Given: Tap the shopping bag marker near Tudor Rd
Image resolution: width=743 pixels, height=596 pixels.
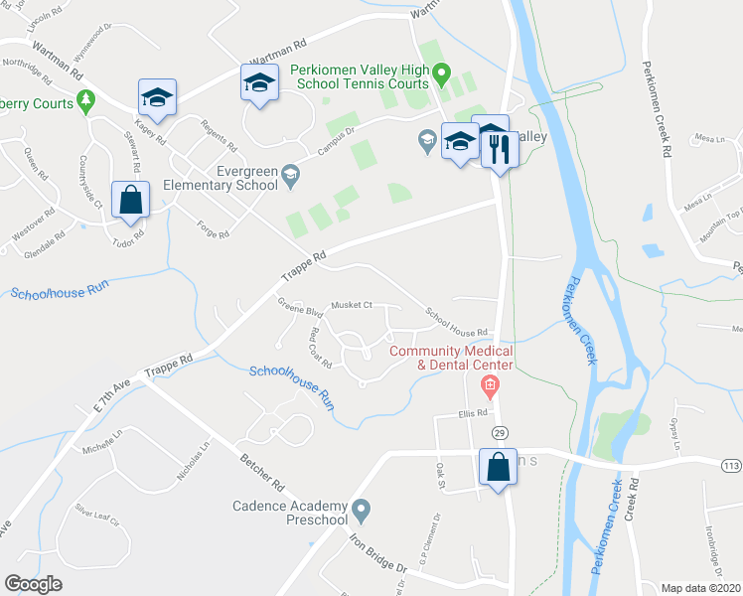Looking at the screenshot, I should pos(130,200).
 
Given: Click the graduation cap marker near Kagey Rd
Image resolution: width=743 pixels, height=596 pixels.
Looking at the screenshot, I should pos(157,97).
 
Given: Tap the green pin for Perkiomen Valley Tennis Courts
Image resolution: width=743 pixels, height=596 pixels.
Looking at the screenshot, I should pos(444,73).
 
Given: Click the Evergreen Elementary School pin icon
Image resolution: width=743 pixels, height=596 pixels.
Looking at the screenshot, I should pos(290,176).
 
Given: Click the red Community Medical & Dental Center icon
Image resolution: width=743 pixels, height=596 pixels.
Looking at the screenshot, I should pos(488,383).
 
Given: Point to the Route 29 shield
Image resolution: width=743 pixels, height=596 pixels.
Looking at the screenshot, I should pos(498,432).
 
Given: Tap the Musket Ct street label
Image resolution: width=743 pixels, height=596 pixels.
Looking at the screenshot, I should pos(352,305).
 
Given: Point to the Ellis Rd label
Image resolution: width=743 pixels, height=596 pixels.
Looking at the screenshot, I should pos(474,413).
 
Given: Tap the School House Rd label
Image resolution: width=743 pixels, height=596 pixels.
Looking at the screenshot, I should pos(457,322).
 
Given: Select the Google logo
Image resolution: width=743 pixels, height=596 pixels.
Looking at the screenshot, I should pos(34,583).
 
